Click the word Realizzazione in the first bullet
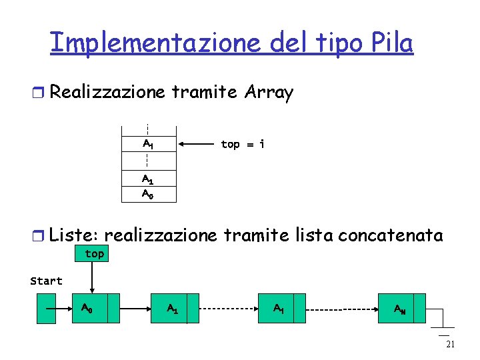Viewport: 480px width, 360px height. coord(107,93)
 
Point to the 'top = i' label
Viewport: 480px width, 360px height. coord(242,144)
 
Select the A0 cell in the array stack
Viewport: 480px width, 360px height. coord(148,194)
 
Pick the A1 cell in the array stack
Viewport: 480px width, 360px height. coord(148,179)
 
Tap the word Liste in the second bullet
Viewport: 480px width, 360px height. coord(74,235)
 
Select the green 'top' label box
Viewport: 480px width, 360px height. coord(94,253)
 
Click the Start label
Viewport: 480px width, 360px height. coord(46,281)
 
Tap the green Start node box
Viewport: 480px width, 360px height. coord(46,309)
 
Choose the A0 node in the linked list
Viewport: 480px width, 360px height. coord(94,309)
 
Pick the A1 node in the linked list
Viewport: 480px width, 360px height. coord(175,309)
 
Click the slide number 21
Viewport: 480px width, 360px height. coord(449,344)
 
